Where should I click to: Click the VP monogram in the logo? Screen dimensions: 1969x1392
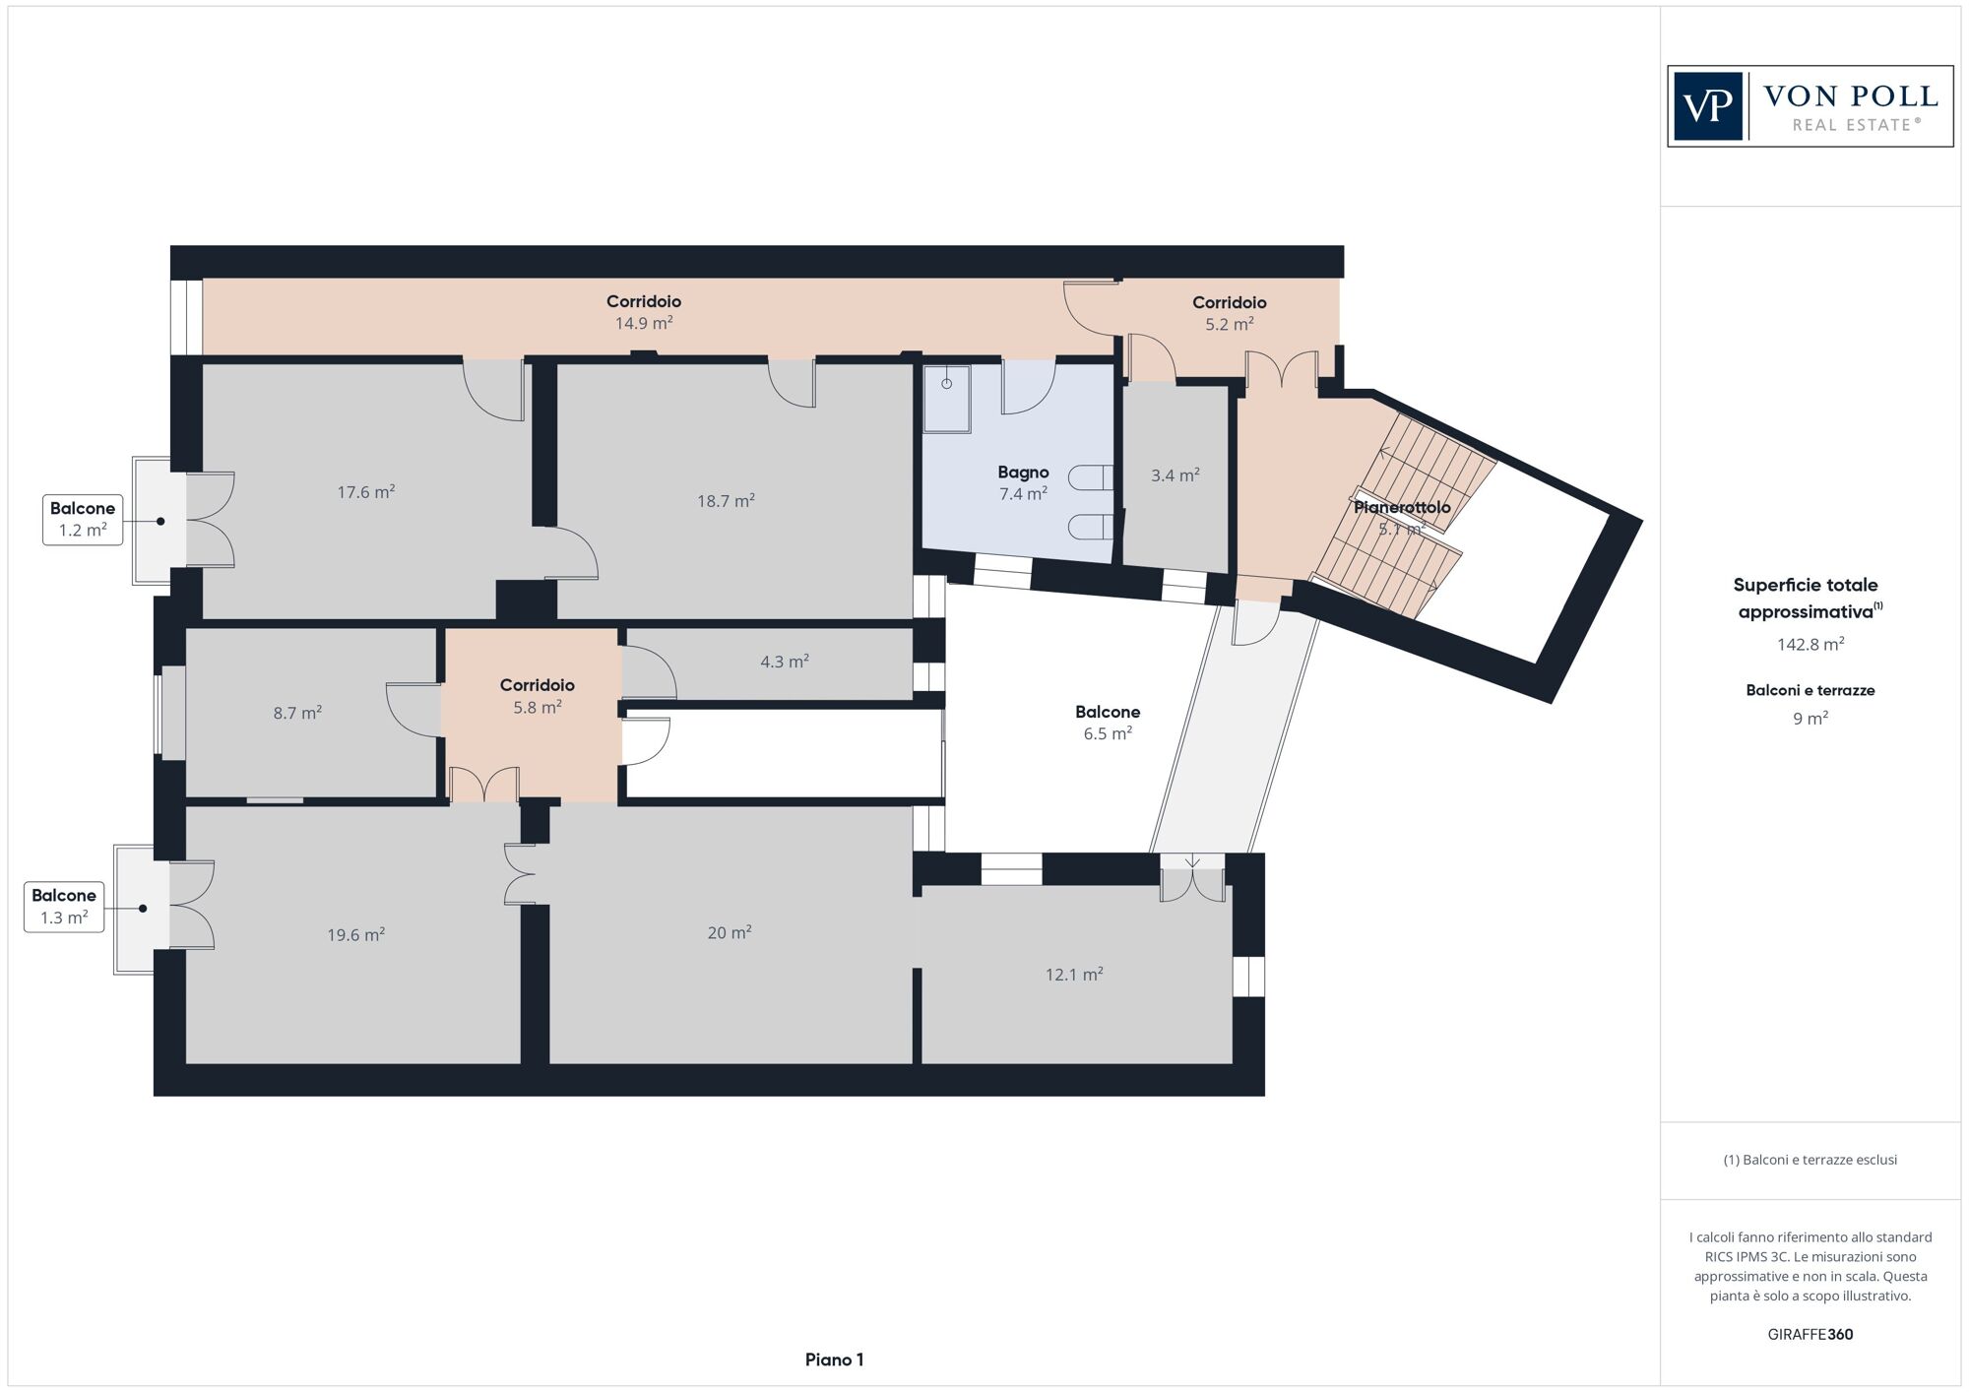click(x=1709, y=106)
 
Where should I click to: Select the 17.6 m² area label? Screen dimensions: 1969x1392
click(x=366, y=491)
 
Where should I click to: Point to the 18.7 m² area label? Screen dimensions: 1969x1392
click(x=726, y=500)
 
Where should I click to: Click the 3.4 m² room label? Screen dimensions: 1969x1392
click(x=1175, y=475)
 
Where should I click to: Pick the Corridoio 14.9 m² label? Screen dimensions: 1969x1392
click(x=644, y=312)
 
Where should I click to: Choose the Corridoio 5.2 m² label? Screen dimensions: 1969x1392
click(x=1230, y=313)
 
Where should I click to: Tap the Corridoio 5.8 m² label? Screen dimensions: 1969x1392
click(x=538, y=696)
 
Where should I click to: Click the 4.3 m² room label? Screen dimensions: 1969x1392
click(x=785, y=662)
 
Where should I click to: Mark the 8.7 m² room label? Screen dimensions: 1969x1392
click(x=297, y=712)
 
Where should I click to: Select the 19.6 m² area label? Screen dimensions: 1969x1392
click(x=356, y=934)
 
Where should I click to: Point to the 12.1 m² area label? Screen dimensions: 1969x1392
click(x=1074, y=974)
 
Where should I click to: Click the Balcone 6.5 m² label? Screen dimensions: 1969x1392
click(x=1108, y=722)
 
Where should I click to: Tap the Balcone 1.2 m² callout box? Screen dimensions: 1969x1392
click(x=83, y=520)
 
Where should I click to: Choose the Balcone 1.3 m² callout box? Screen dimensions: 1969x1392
click(x=64, y=907)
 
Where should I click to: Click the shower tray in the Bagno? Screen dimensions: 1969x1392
click(x=946, y=399)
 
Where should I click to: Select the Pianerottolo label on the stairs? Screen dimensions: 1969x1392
click(x=1402, y=507)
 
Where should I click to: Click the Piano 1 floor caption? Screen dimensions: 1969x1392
click(x=834, y=1360)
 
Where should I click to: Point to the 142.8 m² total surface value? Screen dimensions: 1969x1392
click(x=1810, y=644)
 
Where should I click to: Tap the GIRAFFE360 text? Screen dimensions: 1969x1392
click(x=1810, y=1334)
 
